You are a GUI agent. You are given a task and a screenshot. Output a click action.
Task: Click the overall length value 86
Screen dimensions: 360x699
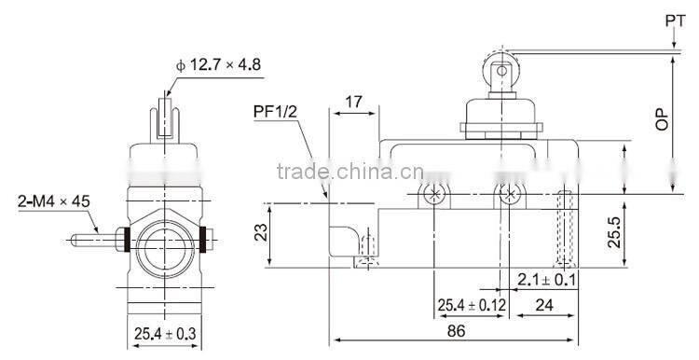coord(456,329)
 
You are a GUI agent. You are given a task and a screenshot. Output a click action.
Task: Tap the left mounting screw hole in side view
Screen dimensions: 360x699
coord(432,195)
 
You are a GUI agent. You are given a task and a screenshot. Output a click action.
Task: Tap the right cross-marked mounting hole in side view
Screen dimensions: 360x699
coord(509,195)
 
